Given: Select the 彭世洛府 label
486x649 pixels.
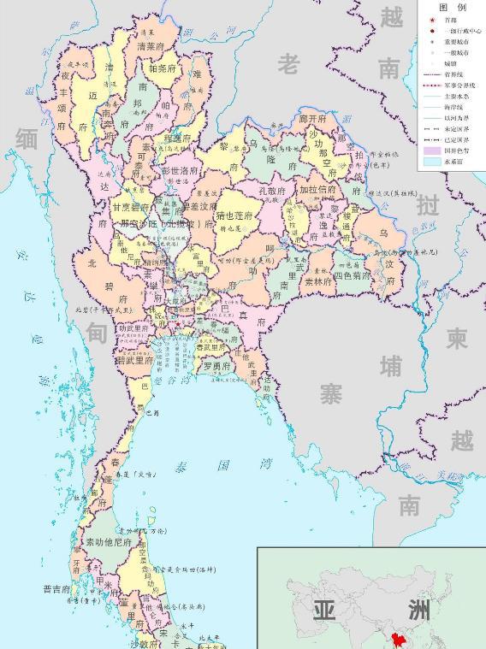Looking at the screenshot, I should tap(180, 170).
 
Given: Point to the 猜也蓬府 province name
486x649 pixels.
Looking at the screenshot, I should tap(234, 216).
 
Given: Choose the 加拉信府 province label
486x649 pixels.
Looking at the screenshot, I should tap(317, 190).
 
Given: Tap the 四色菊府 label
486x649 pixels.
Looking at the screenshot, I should tap(353, 276).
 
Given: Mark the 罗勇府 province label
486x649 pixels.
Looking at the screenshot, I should tap(217, 366).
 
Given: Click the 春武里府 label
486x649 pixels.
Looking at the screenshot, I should tap(210, 347).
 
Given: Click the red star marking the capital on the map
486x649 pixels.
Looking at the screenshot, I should tap(177, 324).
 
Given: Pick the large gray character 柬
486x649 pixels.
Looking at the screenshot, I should tap(458, 339).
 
